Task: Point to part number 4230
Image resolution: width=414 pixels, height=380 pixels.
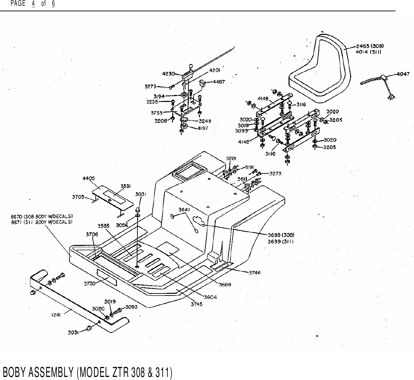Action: pyautogui.click(x=169, y=73)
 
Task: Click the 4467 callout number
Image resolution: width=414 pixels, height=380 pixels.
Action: pyautogui.click(x=218, y=82)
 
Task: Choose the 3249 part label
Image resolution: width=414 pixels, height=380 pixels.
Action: pyautogui.click(x=205, y=121)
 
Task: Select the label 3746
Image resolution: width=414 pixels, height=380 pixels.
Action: pyautogui.click(x=255, y=273)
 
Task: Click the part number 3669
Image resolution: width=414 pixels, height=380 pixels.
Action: pyautogui.click(x=225, y=285)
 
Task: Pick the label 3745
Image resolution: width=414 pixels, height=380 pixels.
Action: pyautogui.click(x=197, y=304)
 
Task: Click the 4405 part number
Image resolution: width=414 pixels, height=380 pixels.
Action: pyautogui.click(x=89, y=178)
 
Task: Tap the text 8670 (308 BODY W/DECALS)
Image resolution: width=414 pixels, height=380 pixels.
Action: pyautogui.click(x=43, y=216)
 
